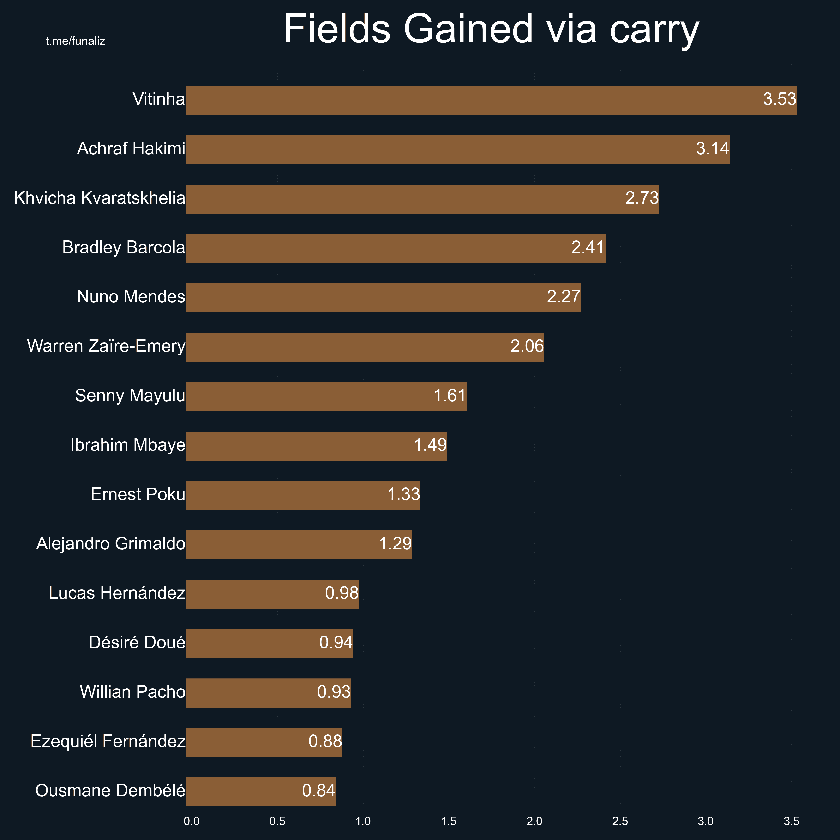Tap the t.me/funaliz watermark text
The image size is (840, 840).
(76, 41)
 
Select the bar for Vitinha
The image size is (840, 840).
(478, 100)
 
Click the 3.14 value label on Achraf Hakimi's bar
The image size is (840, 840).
(712, 149)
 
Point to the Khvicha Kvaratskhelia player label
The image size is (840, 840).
(100, 198)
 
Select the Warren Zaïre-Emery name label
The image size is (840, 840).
(106, 347)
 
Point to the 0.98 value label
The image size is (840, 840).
(342, 593)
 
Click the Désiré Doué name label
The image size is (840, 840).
(137, 643)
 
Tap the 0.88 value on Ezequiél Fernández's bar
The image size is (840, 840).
(325, 741)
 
